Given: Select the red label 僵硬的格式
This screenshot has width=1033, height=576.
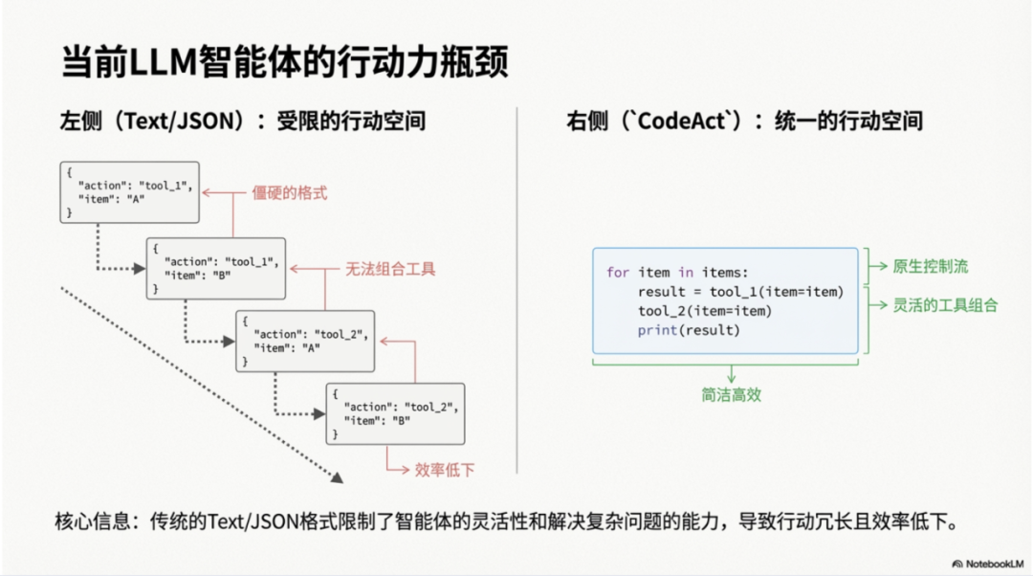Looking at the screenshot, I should [289, 193].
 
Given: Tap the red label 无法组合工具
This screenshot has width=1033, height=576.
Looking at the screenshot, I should [390, 269].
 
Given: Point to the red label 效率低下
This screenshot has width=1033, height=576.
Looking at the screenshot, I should [444, 469].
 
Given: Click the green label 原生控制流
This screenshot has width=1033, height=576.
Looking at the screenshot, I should [931, 267].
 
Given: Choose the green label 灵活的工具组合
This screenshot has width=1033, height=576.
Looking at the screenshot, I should [945, 305].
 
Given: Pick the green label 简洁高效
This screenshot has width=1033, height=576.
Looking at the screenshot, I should [731, 394].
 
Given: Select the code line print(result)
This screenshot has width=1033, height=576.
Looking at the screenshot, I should [689, 330].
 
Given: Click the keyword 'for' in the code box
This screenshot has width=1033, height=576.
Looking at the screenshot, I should [618, 273].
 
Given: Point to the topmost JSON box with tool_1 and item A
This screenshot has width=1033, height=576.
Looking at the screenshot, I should [129, 192].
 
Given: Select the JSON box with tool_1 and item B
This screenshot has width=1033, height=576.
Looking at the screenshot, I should [215, 268].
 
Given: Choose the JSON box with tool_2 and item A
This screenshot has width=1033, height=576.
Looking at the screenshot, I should [305, 341].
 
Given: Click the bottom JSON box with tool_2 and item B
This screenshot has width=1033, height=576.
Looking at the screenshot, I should [395, 412].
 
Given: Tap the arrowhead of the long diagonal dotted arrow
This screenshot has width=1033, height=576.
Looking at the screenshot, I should [336, 476].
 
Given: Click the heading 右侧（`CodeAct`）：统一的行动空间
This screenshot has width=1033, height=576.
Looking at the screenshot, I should [744, 122].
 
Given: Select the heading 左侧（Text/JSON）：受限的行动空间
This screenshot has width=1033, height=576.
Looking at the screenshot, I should [243, 122].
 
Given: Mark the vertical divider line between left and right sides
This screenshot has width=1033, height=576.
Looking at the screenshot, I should [516, 287].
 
